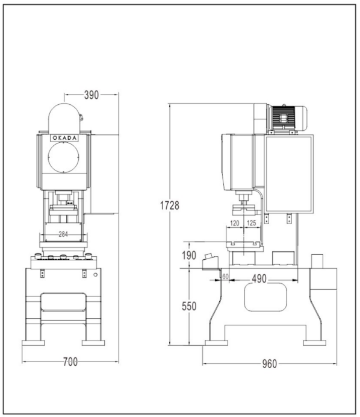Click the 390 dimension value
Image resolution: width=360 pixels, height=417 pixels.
point(92,95)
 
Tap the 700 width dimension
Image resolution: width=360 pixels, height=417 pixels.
point(70,362)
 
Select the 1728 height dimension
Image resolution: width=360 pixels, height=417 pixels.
point(170,205)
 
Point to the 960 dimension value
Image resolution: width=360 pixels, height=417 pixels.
point(270,364)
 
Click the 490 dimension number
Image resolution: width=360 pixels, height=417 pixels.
point(259,279)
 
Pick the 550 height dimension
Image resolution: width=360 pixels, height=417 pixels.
point(189,306)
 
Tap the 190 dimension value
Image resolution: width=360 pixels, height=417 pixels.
point(189,256)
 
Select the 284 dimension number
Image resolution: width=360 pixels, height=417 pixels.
point(63,234)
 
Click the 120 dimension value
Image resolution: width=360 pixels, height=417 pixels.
point(235,223)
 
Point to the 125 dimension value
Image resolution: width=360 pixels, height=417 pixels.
point(251,223)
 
